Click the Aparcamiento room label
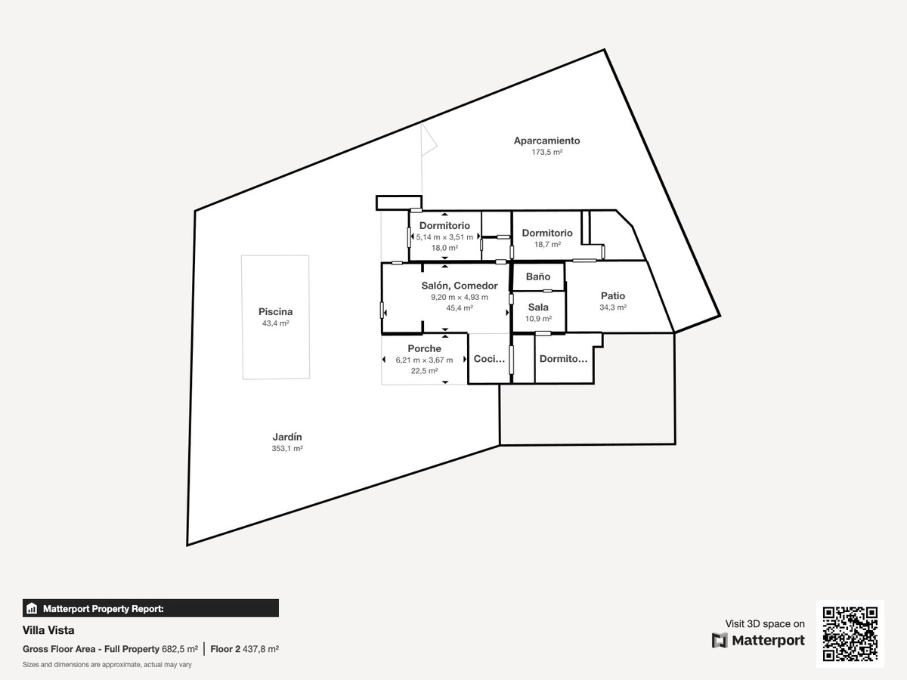(546, 141)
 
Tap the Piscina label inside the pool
(276, 312)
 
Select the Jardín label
(287, 437)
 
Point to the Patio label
(613, 295)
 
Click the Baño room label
(538, 277)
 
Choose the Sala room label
(538, 308)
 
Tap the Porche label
(424, 348)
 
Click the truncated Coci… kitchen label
(489, 359)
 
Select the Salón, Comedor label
(460, 286)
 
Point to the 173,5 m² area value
(547, 152)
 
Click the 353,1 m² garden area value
(287, 448)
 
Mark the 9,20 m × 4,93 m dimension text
(460, 297)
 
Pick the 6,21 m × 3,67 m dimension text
(424, 360)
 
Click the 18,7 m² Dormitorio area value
(547, 244)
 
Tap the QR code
(850, 634)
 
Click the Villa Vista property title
(48, 630)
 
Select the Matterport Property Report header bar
(151, 608)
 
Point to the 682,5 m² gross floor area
(180, 649)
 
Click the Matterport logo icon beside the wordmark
(720, 641)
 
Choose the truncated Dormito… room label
(564, 359)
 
